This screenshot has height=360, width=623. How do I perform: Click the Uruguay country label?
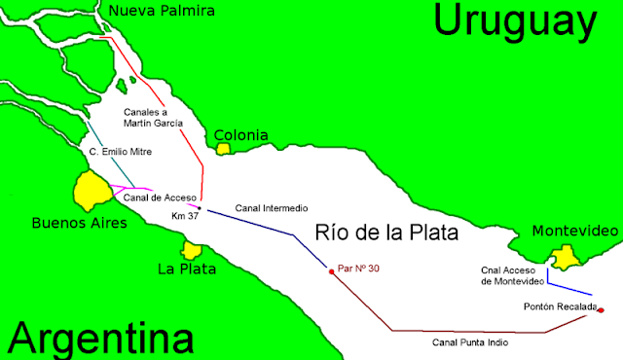[515, 20]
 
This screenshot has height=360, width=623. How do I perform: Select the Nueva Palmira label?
[162, 11]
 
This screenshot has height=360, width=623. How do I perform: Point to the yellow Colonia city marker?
[225, 149]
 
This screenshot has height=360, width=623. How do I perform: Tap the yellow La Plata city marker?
[191, 251]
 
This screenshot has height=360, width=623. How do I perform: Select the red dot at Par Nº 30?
[332, 271]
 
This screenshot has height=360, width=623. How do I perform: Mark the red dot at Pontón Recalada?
[601, 310]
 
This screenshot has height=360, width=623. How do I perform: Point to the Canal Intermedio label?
[272, 208]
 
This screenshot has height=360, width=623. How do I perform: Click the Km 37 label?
[184, 215]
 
